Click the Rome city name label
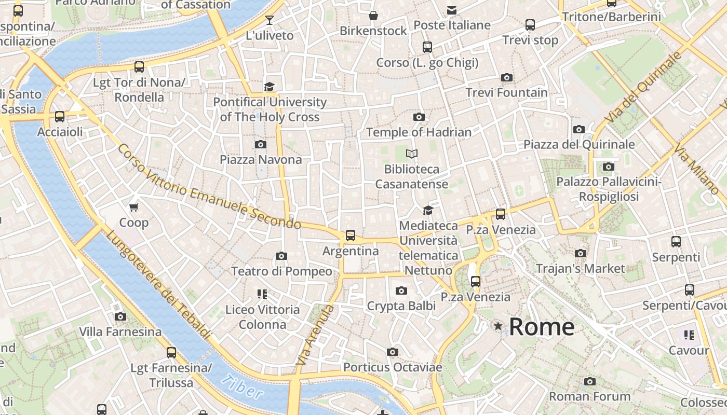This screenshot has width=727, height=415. pos(542,327)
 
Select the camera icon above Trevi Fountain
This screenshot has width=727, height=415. pos(507,78)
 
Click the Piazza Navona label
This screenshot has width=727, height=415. pos(261,159)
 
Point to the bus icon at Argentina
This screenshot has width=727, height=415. pos(351,236)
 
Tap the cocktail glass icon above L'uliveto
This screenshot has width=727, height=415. pos(269,20)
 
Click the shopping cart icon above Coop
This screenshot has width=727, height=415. pos(134,208)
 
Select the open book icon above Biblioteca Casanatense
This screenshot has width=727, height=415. pos(412,154)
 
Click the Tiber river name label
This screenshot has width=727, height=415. pos(242,386)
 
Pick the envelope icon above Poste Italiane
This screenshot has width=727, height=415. pos(452,10)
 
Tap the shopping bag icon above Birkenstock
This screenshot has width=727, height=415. pos(373,16)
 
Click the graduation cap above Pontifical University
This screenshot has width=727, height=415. pos(269,87)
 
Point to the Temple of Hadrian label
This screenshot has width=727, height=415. pos(419,132)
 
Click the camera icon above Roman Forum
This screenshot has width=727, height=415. pos(589,381)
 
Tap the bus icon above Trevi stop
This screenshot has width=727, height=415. pos(530,25)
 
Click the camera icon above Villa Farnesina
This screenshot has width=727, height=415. pos(120,316)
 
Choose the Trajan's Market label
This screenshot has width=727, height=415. pos(581,269)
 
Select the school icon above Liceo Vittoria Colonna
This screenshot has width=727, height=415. pos(262,294)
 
